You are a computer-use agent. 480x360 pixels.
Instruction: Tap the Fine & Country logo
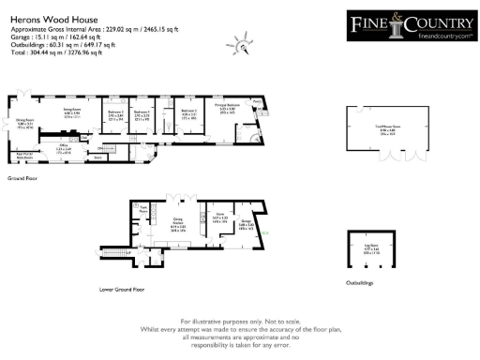[x=410, y=26]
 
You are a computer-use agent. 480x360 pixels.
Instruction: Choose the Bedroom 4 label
[x=142, y=114]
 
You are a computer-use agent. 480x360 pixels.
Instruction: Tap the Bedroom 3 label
[x=188, y=114]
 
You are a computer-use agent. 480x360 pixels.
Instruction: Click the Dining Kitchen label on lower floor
[x=178, y=225]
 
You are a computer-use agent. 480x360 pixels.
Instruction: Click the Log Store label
[x=368, y=250]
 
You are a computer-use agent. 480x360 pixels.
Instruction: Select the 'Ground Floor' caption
[x=22, y=176]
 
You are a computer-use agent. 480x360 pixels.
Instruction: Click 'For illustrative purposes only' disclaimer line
[x=240, y=322]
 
